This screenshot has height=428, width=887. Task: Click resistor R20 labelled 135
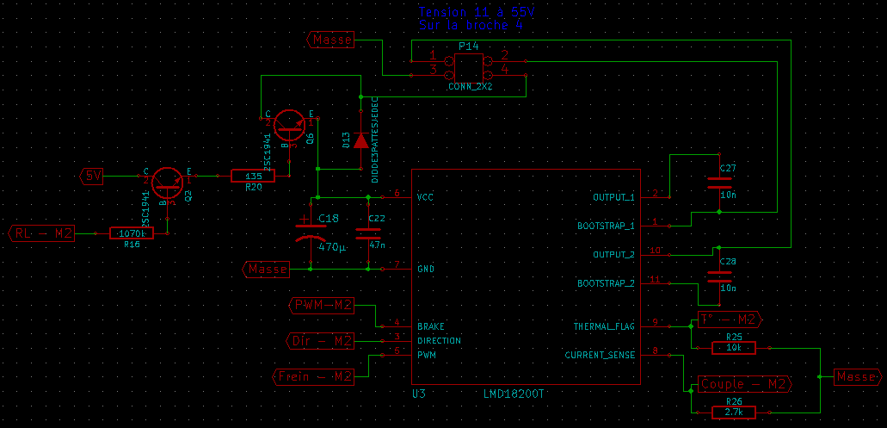click(x=253, y=177)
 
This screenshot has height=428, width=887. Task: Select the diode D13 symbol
click(x=360, y=140)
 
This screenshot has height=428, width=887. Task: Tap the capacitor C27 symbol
click(x=718, y=182)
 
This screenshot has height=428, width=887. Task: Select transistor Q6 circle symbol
click(x=290, y=125)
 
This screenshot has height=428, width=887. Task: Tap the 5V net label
click(x=93, y=177)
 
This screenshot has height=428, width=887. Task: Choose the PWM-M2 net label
click(x=321, y=305)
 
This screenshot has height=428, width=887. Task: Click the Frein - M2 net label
click(x=313, y=376)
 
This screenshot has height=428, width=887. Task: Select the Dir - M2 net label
click(x=319, y=342)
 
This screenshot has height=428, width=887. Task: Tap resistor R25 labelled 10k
click(x=734, y=348)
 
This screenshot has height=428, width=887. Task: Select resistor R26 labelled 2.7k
click(x=734, y=413)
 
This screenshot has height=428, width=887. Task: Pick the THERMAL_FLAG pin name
click(x=604, y=326)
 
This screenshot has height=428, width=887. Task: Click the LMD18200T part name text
click(x=514, y=393)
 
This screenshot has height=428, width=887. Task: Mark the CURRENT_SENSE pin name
click(x=600, y=355)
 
